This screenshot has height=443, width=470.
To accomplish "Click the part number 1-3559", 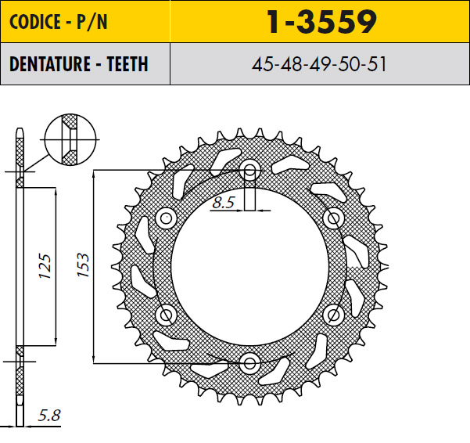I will tap(321, 23).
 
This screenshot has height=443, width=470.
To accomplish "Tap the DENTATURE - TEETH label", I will tap(78, 64).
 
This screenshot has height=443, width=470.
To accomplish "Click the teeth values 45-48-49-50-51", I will tap(320, 64).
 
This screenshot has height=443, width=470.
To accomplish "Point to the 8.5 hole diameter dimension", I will tap(224, 202).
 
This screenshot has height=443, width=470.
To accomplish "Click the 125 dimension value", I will tap(46, 265).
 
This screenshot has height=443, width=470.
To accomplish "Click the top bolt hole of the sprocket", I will tap(250, 170).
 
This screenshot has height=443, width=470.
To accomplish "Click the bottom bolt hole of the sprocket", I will tap(250, 362).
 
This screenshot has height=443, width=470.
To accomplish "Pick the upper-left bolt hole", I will tap(167, 218).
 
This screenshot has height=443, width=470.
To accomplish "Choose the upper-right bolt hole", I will tap(333, 218).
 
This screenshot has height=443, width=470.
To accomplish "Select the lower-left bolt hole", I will tap(167, 315).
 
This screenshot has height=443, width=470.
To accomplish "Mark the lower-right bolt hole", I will tap(333, 315).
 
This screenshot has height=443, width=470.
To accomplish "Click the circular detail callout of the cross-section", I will tap(70, 139).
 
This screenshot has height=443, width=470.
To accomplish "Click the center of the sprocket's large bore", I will tap(250, 266).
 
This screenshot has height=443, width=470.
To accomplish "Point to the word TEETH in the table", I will tap(124, 64).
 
